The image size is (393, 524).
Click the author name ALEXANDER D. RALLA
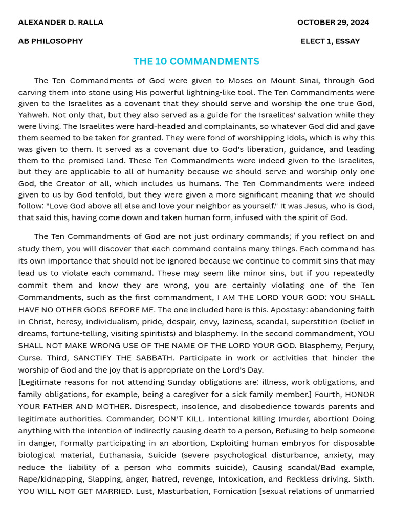click(60, 23)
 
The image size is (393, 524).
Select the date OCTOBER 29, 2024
click(333, 23)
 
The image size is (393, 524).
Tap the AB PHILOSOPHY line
click(51, 41)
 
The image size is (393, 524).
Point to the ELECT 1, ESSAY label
click(330, 41)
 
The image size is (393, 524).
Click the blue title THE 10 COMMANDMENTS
click(196, 61)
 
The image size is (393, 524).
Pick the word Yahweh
click(33, 115)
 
